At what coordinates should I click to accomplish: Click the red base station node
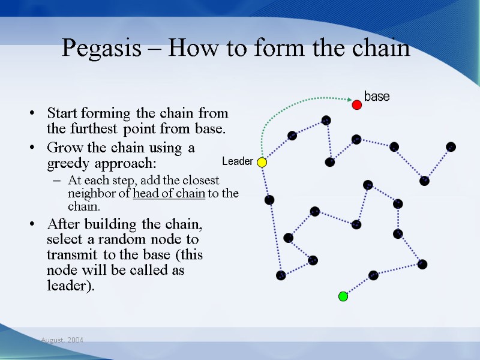[x=356, y=105]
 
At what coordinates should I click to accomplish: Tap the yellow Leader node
[x=262, y=162]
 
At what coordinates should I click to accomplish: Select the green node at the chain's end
[x=343, y=296]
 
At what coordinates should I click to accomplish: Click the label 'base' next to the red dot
[x=377, y=97]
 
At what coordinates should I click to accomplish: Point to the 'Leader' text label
[x=237, y=162]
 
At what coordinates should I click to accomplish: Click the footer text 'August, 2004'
[x=62, y=340]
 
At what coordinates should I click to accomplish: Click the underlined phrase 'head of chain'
[x=169, y=193]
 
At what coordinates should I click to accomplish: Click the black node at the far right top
[x=451, y=147]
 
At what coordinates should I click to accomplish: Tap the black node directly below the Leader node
[x=269, y=200]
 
